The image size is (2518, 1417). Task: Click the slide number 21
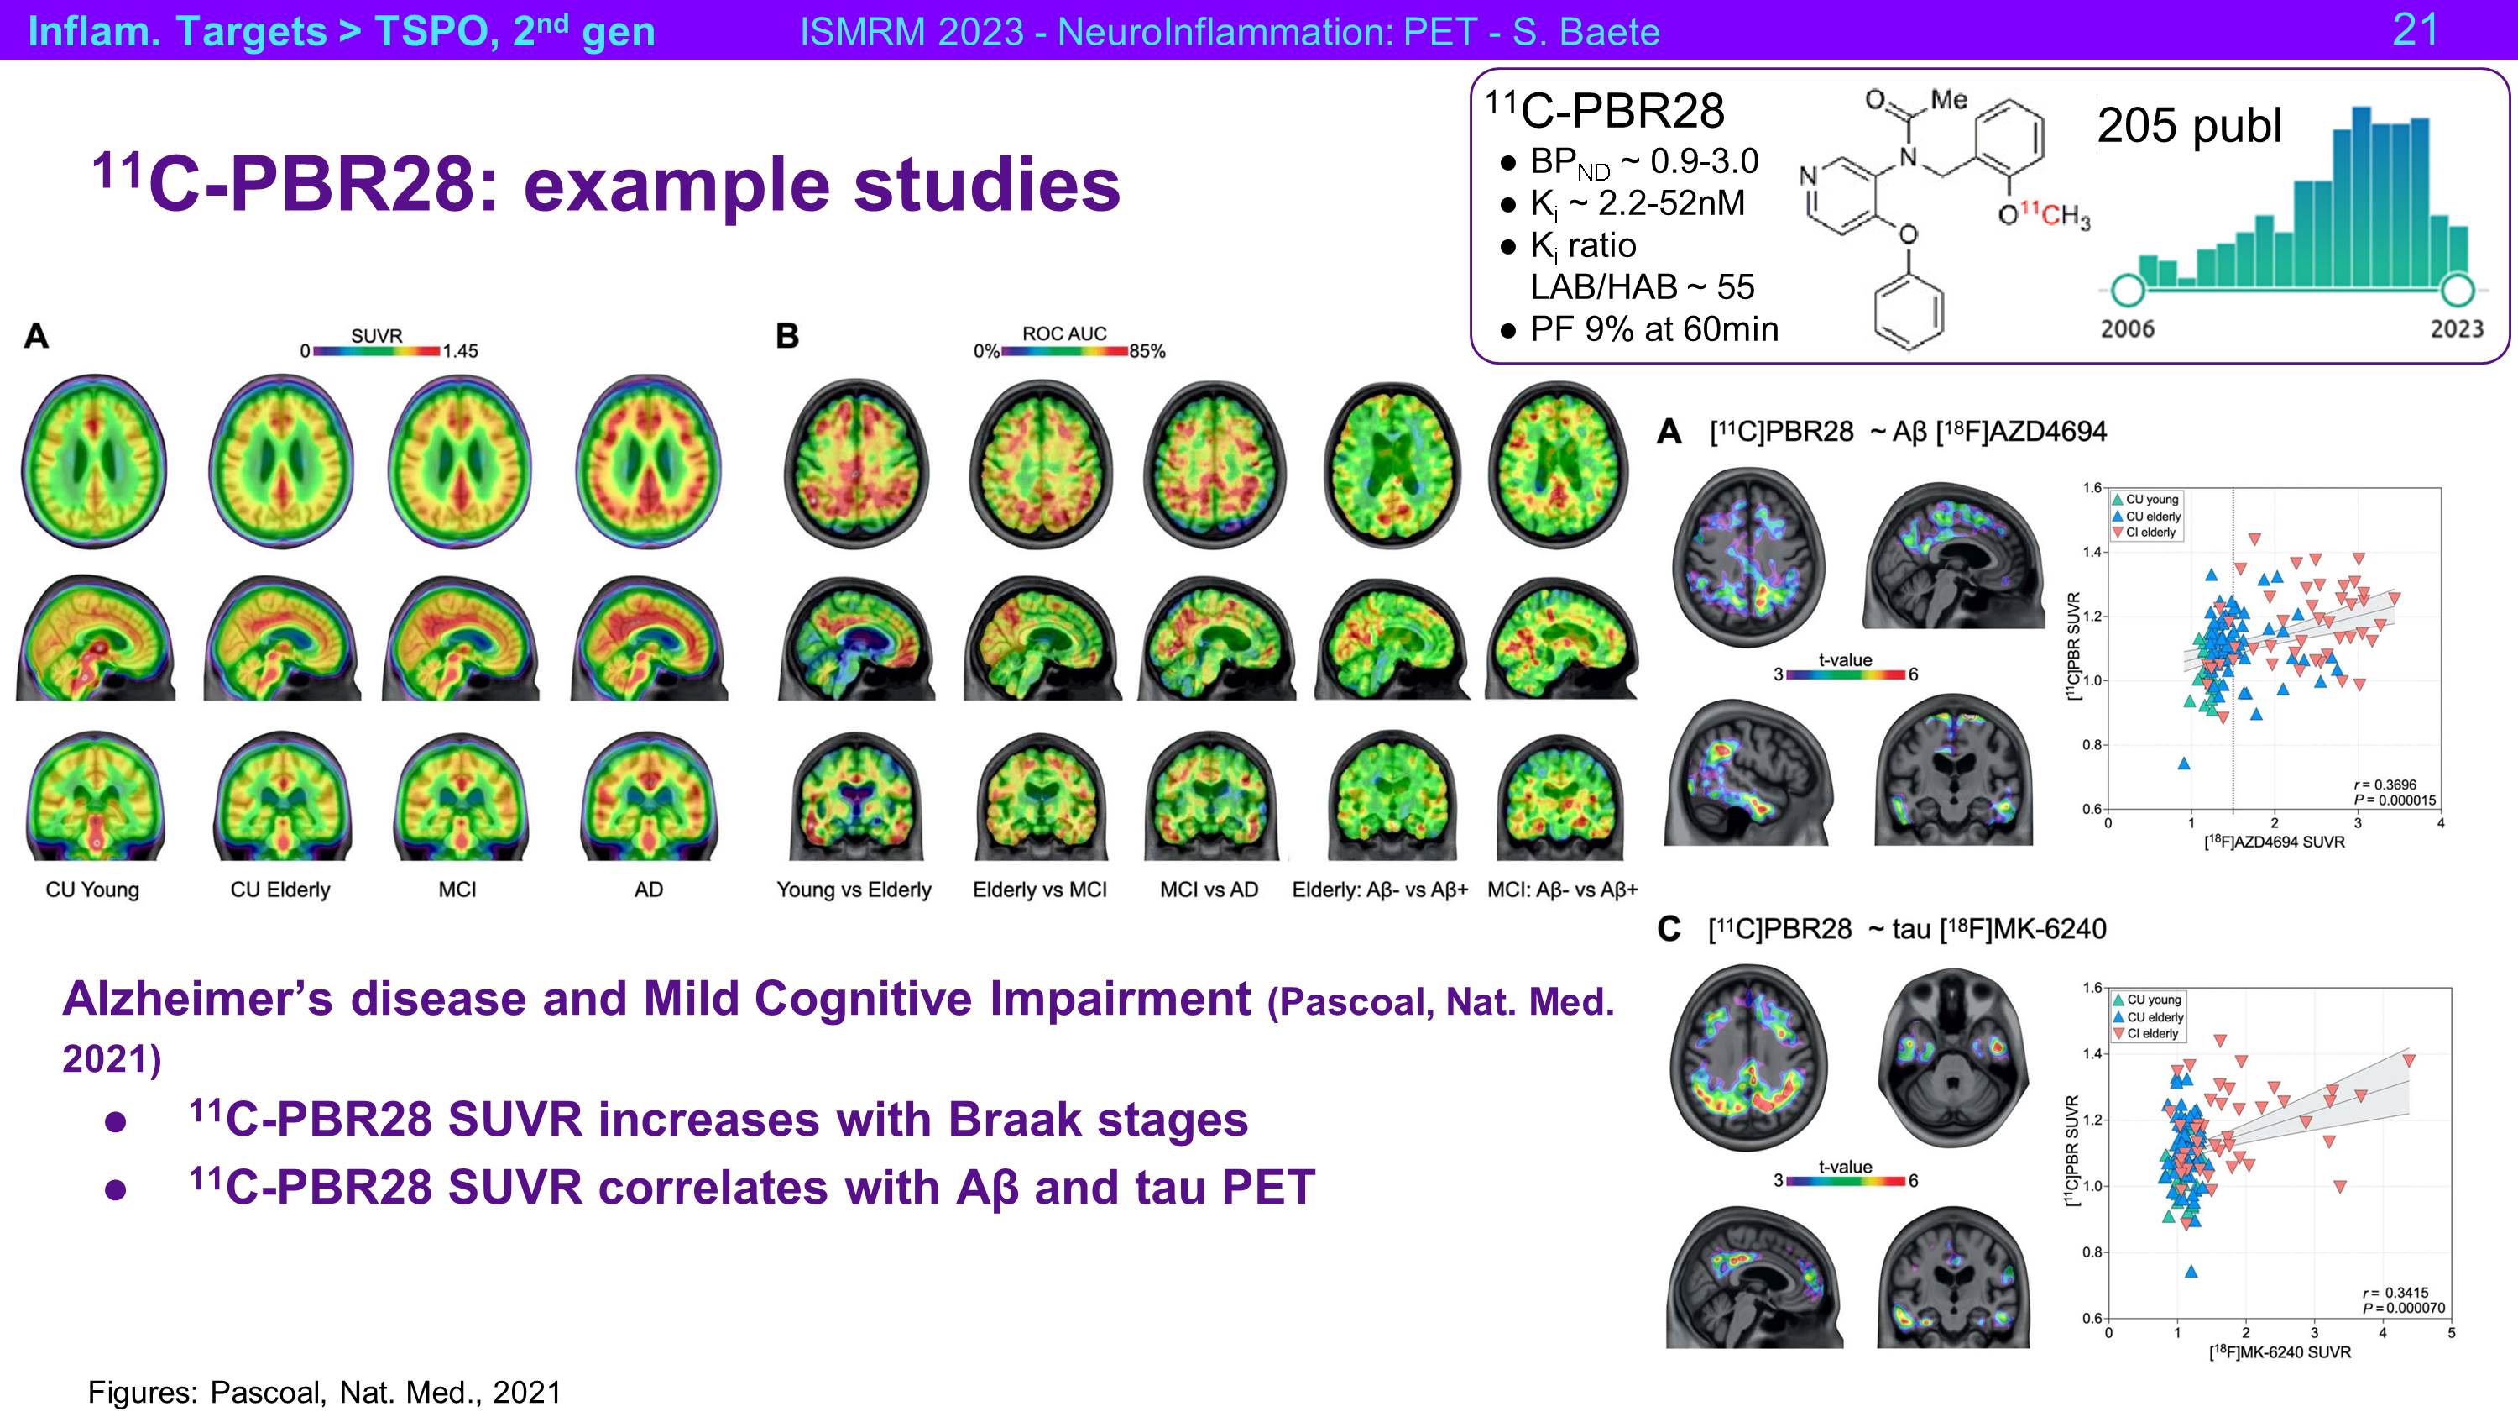pos(2415,29)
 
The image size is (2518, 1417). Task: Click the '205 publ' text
pos(2189,126)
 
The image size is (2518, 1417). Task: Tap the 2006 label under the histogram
pos(2128,328)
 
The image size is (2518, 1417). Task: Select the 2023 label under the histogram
pos(2457,328)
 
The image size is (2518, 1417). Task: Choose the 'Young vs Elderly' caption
pos(854,890)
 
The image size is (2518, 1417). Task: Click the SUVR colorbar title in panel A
pos(376,335)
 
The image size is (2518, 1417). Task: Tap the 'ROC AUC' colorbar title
pos(1064,333)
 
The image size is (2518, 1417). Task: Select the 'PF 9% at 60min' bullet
pos(1653,329)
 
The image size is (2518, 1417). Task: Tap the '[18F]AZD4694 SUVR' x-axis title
pos(2274,842)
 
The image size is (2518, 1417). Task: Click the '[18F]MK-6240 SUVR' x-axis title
pos(2280,1351)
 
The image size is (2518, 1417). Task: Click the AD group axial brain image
pos(648,463)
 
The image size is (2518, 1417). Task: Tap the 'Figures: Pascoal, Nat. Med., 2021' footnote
pos(325,1393)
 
